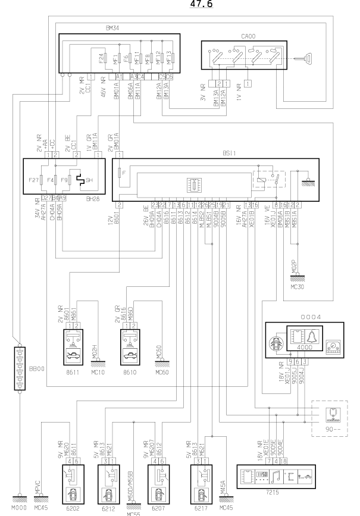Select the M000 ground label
pos(19,510)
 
